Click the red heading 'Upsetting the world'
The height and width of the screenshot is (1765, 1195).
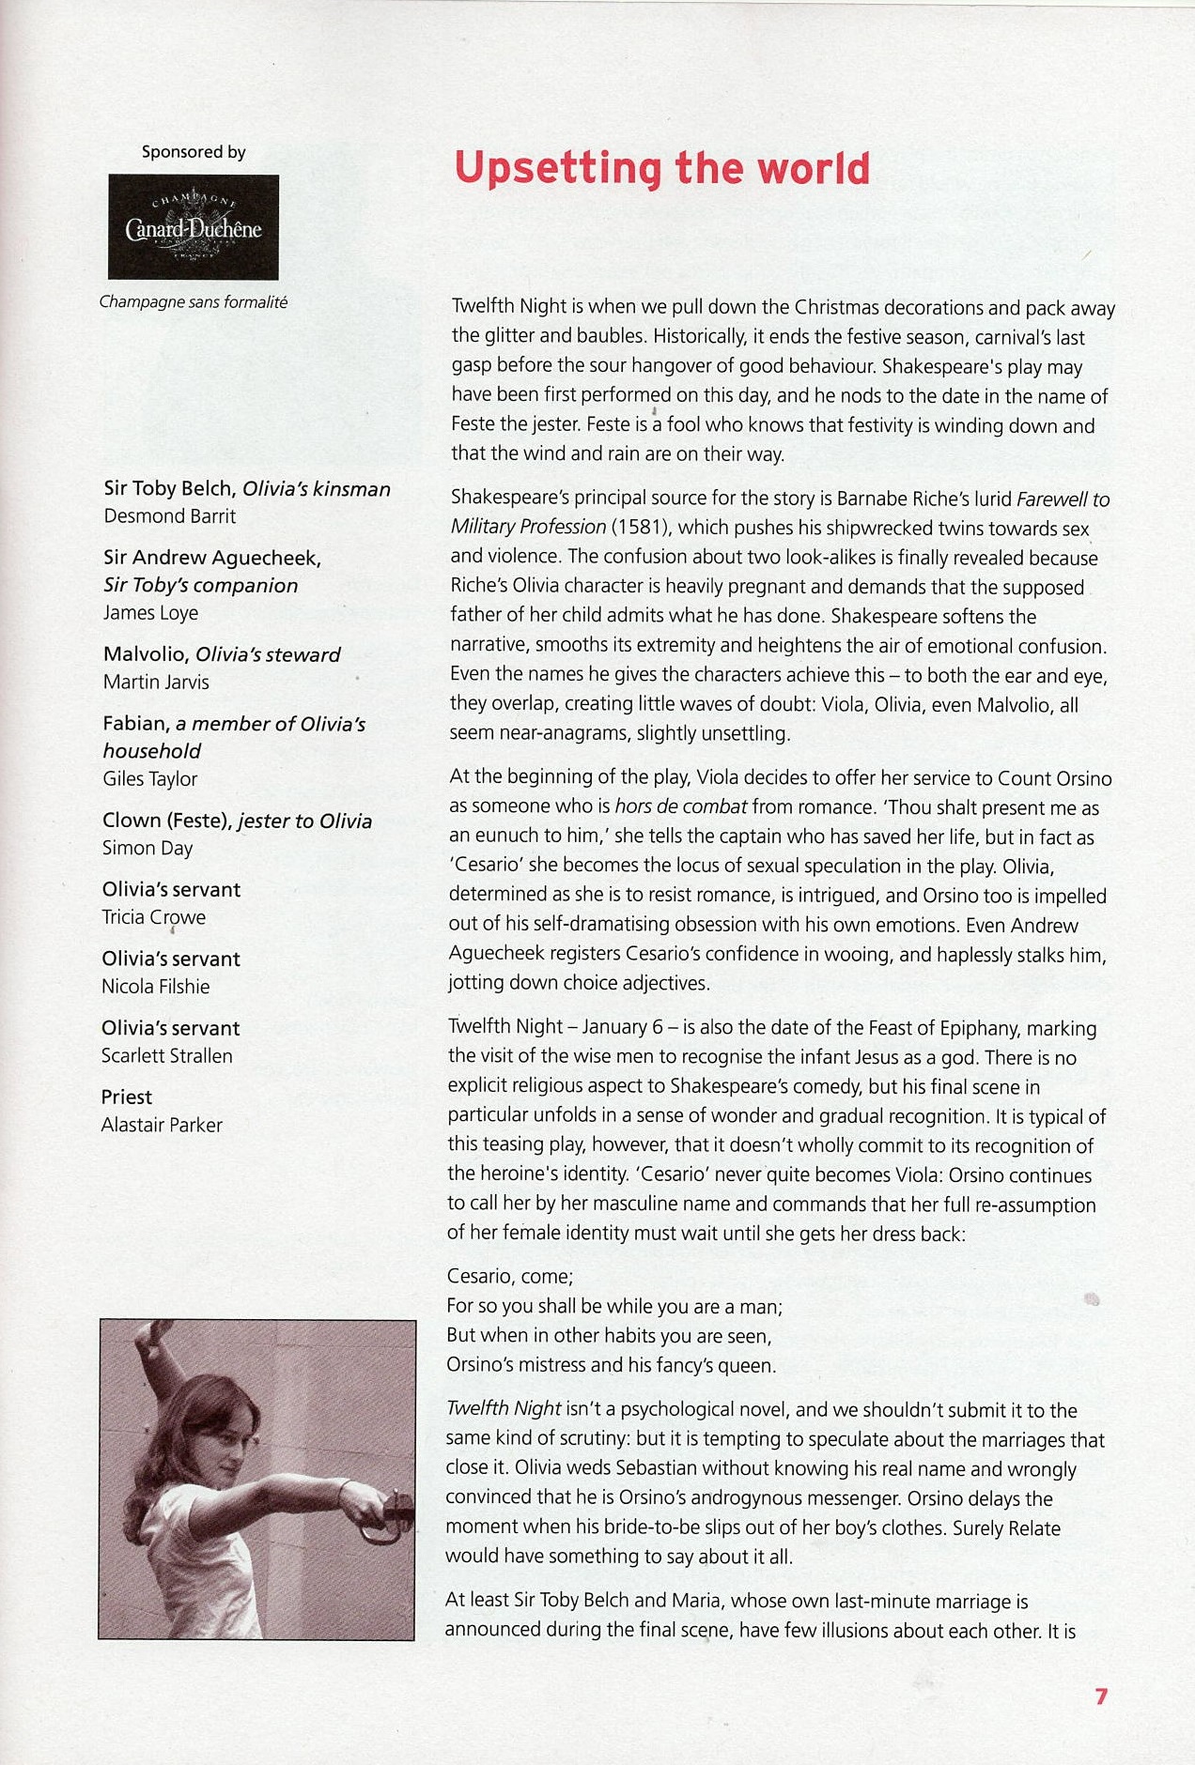(x=662, y=169)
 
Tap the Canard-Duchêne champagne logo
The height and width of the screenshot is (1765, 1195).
(x=194, y=227)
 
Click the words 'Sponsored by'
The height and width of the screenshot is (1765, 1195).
(x=194, y=152)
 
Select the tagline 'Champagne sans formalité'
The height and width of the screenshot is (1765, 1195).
(x=194, y=302)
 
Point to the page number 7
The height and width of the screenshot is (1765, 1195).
(x=1101, y=1696)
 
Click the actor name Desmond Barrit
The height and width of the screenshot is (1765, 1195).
(x=170, y=516)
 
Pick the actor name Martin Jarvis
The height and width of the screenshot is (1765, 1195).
(x=156, y=683)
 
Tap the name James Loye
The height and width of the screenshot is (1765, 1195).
(x=150, y=613)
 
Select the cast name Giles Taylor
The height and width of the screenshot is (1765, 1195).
(x=150, y=779)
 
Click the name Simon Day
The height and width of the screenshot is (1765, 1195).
(x=147, y=849)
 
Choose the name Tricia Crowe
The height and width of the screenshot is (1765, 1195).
(x=153, y=918)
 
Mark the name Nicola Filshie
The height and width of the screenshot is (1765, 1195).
(x=156, y=987)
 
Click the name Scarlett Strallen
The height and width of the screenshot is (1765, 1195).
(x=167, y=1056)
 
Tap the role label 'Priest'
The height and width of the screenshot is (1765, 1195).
(x=127, y=1097)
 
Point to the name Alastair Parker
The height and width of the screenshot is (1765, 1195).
(x=162, y=1126)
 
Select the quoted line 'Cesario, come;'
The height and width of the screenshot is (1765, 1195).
(x=510, y=1277)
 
